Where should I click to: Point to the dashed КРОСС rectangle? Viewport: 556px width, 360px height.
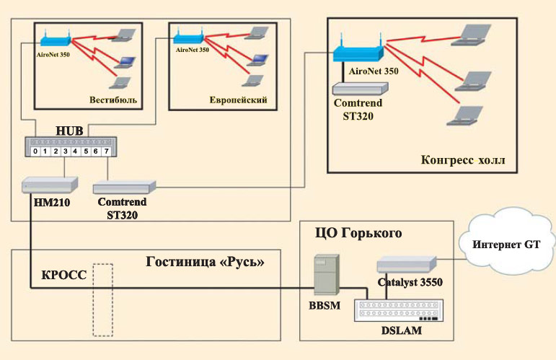[103, 300]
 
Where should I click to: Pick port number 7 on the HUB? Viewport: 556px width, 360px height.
[106, 152]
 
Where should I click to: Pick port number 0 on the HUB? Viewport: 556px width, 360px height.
[35, 152]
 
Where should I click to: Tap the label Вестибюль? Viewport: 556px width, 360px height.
[113, 99]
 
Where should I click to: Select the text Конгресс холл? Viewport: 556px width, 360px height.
[459, 158]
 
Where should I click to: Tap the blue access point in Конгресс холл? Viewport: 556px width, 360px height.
[358, 52]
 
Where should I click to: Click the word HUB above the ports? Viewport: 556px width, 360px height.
[69, 131]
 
